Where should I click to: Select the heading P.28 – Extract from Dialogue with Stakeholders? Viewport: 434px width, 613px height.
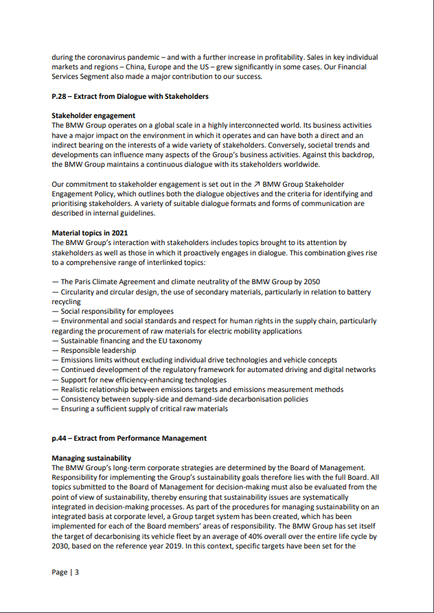tap(130, 96)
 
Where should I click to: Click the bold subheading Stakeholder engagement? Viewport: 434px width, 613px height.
tap(93, 115)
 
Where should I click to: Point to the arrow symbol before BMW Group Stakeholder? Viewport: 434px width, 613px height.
tap(257, 185)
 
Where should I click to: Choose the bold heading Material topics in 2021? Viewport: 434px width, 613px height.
tap(89, 233)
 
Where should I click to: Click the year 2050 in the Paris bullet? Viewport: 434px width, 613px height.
tap(311, 282)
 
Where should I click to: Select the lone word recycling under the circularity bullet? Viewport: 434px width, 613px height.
tap(67, 301)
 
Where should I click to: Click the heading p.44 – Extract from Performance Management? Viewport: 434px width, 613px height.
tap(129, 438)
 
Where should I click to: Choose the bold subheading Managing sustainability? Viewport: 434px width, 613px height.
tap(91, 457)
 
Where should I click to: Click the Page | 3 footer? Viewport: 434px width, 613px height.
tap(65, 572)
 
